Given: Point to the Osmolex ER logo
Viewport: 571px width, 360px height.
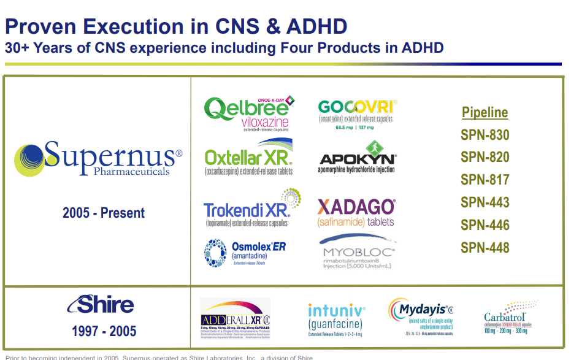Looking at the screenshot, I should (x=245, y=253).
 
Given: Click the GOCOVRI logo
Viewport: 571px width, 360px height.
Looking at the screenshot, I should (x=357, y=112).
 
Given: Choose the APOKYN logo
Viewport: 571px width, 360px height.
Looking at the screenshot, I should (x=357, y=158).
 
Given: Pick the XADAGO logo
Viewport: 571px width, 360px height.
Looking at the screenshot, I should (x=356, y=210).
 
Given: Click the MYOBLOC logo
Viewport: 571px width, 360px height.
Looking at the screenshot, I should (x=358, y=253).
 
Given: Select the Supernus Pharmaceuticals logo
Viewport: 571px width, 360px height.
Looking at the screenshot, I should (x=98, y=159).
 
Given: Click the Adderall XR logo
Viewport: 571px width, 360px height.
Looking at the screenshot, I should (x=235, y=319).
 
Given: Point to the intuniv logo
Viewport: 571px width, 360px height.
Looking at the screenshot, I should (x=336, y=320).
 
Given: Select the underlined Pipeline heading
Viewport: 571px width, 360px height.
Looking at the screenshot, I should (x=485, y=112).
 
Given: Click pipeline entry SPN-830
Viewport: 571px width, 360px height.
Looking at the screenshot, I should (x=485, y=135).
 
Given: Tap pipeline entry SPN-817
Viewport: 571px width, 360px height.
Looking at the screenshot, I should (x=485, y=180).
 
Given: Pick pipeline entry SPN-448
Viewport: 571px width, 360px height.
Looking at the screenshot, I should (x=485, y=248).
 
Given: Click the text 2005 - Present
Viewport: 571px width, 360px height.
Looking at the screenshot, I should (x=104, y=213).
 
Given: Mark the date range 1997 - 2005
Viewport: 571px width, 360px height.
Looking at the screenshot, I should (x=104, y=332).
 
